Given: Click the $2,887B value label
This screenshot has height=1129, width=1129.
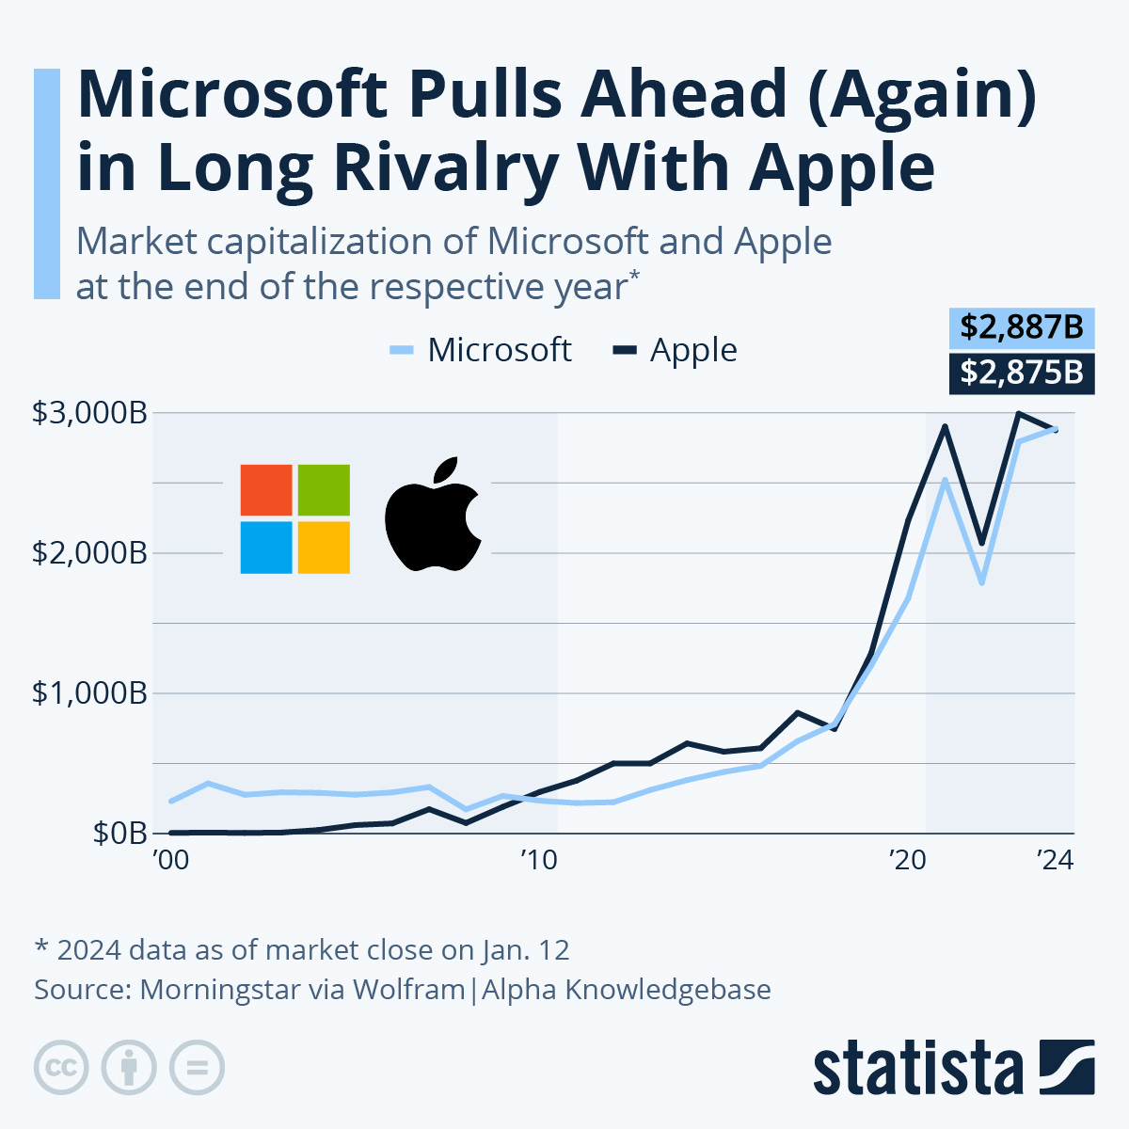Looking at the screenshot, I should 1021,329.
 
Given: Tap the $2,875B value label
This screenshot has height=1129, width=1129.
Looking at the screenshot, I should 1021,373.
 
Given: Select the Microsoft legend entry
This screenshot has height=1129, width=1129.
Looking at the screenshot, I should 481,350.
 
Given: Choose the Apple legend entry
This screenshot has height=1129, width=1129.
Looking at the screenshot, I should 676,350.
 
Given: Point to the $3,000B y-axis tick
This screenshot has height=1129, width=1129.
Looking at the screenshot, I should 89,413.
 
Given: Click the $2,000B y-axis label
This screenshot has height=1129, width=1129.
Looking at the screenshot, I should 89,553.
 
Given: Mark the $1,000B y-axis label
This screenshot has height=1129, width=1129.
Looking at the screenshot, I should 89,693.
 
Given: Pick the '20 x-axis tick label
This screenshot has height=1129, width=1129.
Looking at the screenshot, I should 907,861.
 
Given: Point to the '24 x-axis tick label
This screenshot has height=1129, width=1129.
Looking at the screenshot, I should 1055,861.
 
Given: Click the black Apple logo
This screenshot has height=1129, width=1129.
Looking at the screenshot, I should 433,516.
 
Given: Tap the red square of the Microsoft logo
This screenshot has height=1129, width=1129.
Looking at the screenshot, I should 266,490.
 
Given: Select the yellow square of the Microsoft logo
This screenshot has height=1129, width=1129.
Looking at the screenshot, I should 324,548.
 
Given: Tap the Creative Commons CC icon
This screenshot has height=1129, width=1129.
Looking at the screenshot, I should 61,1068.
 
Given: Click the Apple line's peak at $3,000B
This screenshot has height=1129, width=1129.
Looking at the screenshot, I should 1018,413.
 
